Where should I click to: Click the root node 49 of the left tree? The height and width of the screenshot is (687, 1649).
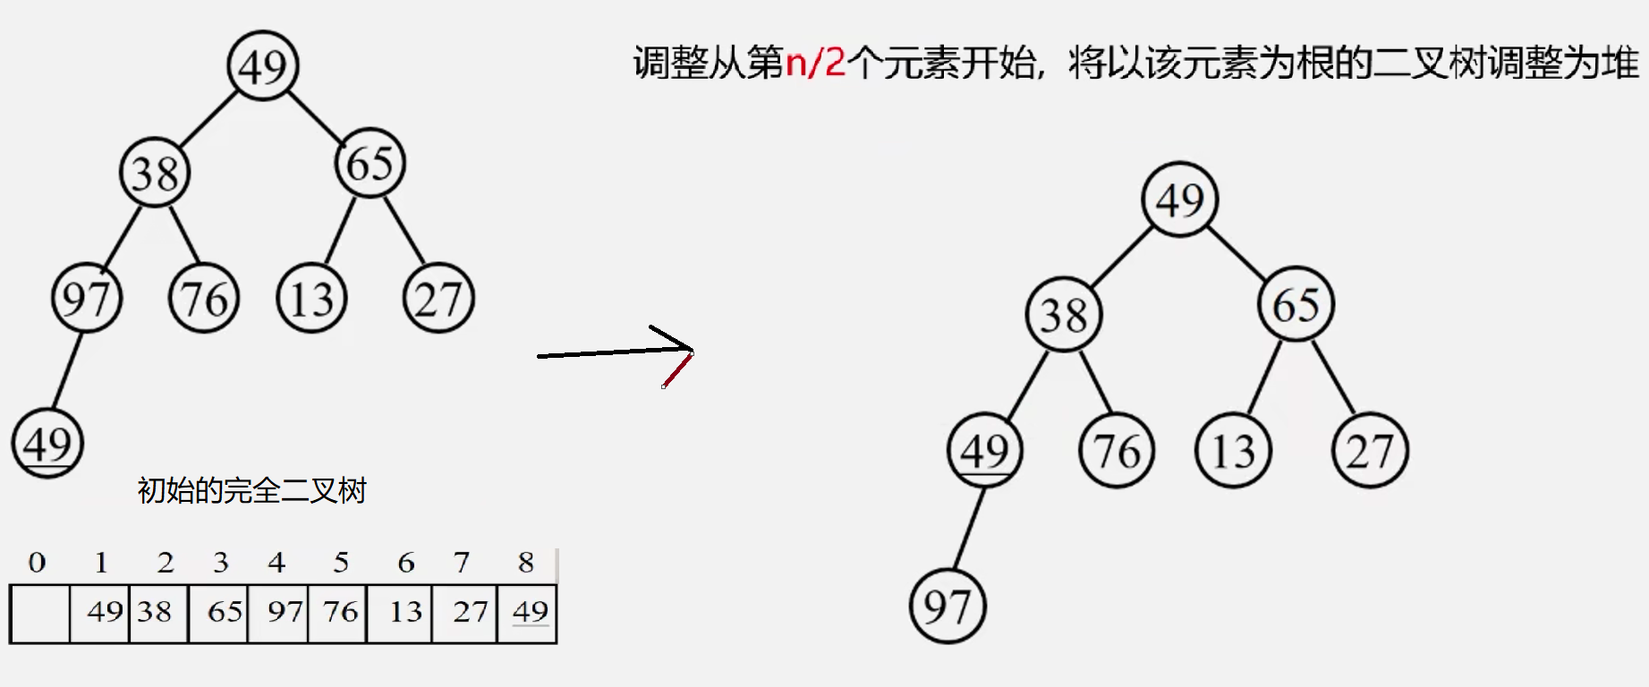(262, 65)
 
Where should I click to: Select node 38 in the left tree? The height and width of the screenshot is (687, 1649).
(155, 173)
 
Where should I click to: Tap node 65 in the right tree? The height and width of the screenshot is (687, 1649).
(1296, 304)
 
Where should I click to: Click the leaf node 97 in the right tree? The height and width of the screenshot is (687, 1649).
(948, 606)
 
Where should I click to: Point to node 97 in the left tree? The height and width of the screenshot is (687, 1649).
(87, 298)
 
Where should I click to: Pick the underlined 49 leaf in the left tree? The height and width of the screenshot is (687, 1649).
(47, 443)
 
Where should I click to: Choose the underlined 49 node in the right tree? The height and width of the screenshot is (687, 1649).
(984, 450)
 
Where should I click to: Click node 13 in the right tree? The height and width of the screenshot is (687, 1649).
(1233, 450)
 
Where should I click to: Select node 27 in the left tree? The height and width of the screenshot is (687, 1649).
(438, 298)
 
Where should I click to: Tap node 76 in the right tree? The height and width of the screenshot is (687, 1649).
(1117, 450)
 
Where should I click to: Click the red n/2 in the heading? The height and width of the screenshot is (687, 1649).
(815, 63)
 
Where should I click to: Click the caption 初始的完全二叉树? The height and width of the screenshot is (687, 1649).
(251, 490)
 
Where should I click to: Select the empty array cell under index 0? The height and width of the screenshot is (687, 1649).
(39, 613)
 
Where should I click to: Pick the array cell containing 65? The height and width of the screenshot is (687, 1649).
(219, 613)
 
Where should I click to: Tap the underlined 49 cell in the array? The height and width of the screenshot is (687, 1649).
(528, 613)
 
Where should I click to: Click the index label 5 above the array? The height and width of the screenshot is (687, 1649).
(341, 562)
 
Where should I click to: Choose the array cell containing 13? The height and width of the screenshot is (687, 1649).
(400, 613)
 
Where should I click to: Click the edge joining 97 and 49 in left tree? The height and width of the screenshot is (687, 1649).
(67, 370)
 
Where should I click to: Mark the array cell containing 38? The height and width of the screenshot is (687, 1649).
(158, 613)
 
